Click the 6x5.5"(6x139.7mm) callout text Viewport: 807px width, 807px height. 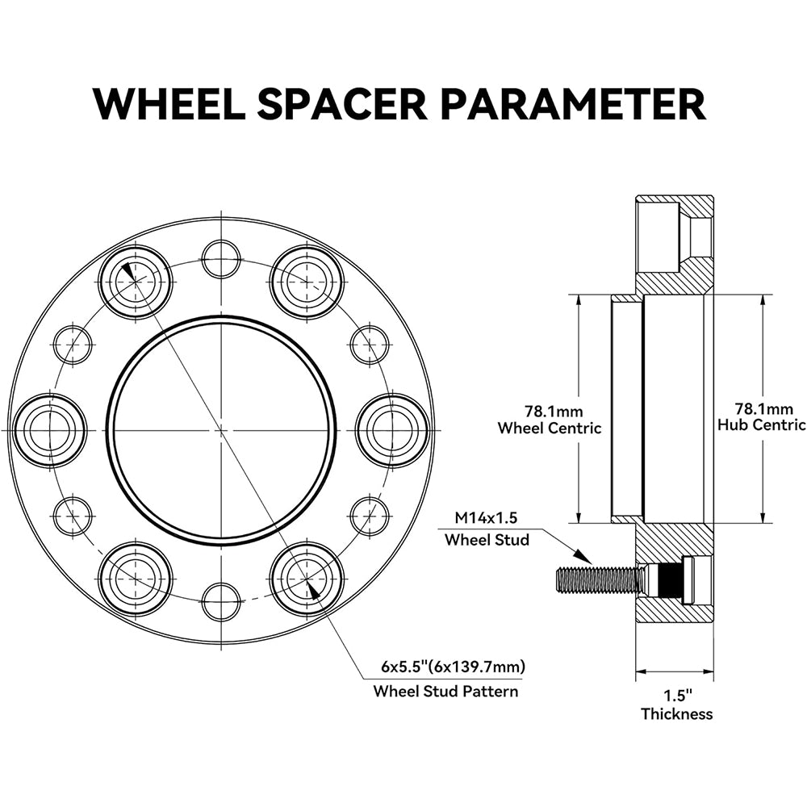(453, 667)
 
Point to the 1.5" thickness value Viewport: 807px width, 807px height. (676, 695)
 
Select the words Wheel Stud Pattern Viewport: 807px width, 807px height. (445, 691)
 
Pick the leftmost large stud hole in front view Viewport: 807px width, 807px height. (50, 430)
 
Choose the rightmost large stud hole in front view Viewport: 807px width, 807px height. (392, 430)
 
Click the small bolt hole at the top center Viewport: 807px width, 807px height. (221, 259)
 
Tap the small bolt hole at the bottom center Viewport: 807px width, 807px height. (221, 601)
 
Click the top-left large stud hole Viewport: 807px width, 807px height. (136, 282)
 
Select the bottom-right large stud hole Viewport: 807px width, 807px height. (307, 579)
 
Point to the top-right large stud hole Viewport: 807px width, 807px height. (307, 282)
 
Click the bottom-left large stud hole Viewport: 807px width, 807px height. (136, 579)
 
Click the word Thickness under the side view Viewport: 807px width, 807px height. (676, 713)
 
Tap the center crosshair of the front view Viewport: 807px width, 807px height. (221, 430)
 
